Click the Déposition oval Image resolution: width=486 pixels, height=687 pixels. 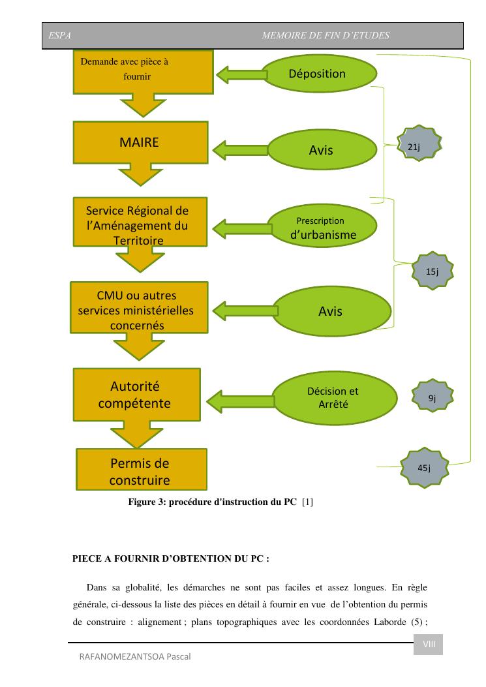point(317,74)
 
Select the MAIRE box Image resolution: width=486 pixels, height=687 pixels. point(139,144)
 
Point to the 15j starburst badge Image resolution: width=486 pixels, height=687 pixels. point(432,271)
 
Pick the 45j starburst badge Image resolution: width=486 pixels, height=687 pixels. point(424,468)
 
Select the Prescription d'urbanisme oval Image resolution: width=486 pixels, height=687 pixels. point(323,227)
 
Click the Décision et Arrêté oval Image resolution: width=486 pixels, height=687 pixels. point(333,397)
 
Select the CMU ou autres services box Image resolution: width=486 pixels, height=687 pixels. point(136,310)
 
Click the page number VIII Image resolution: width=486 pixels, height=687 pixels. point(429,645)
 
